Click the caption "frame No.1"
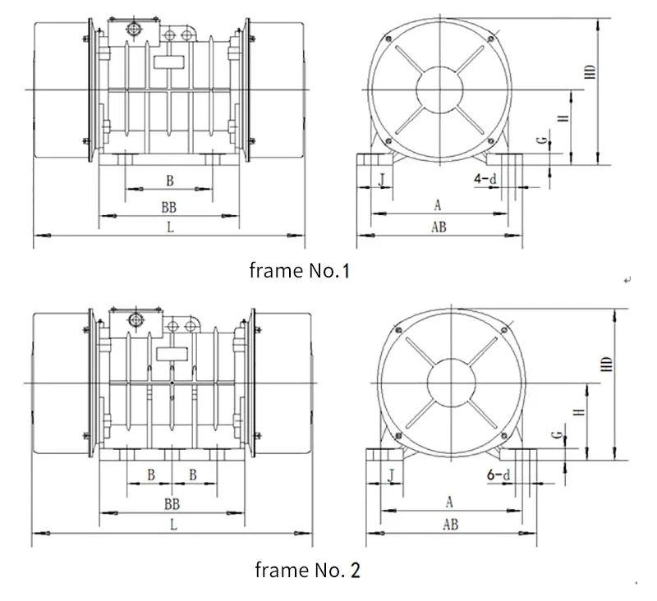(299, 270)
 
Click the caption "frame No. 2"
(307, 569)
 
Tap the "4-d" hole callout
(484, 177)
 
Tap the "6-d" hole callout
(498, 475)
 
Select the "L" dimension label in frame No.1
(170, 228)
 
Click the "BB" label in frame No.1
(170, 208)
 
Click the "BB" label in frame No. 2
(172, 503)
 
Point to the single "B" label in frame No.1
(170, 180)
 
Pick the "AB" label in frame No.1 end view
(439, 228)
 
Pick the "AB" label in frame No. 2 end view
(450, 523)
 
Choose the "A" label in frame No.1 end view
(438, 204)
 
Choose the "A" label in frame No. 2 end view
(449, 501)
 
